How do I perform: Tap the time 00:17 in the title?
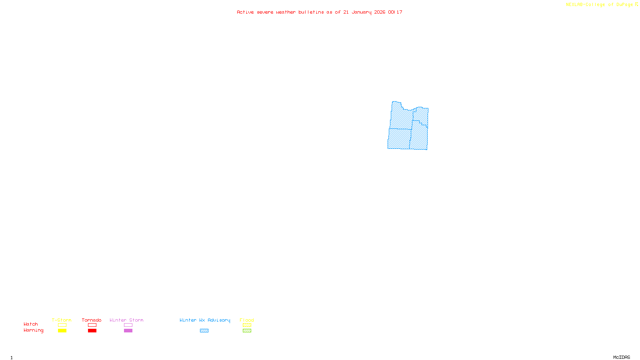(x=395, y=12)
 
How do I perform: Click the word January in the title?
(x=362, y=12)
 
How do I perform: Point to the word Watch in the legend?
(x=31, y=324)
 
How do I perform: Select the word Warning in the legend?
(x=34, y=330)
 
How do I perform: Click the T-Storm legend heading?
(x=62, y=320)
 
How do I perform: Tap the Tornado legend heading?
(x=92, y=320)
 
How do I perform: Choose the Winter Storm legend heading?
(x=126, y=320)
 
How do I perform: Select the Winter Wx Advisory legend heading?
(x=205, y=320)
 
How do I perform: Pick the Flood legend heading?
(x=247, y=320)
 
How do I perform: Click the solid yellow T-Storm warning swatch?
(x=62, y=331)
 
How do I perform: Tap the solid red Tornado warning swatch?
(x=92, y=331)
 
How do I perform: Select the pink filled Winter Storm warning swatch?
(x=128, y=331)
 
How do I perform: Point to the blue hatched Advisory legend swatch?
(x=204, y=331)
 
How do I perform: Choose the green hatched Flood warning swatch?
(x=247, y=331)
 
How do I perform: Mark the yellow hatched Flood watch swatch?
(x=247, y=325)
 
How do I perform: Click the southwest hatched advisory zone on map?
(x=399, y=139)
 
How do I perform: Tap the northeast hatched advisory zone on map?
(x=422, y=115)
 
